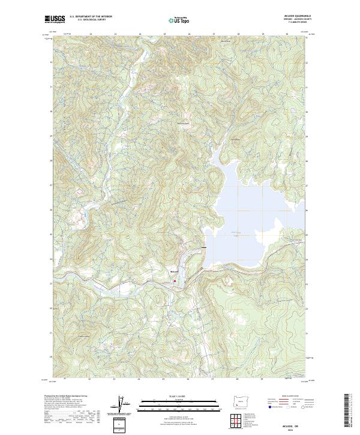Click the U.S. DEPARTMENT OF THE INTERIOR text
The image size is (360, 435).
pyautogui.click(x=91, y=17)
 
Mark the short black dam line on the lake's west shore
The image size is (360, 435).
pyautogui.click(x=205, y=247)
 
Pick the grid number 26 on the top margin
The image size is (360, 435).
pyautogui.click(x=189, y=34)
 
